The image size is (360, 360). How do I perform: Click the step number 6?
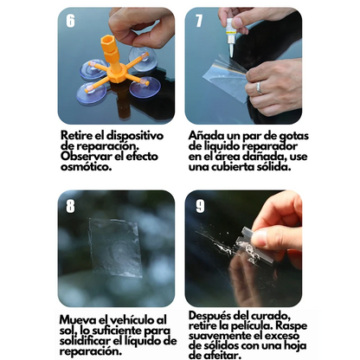[70, 21]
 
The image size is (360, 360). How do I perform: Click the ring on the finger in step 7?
[258, 87]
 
